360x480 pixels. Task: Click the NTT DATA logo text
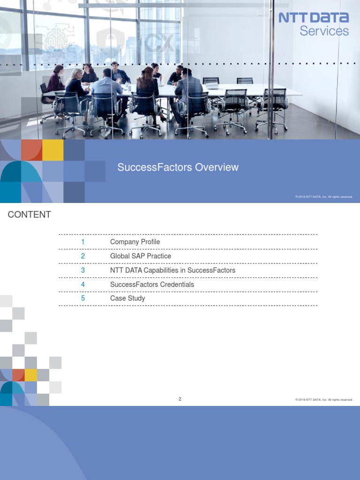pyautogui.click(x=314, y=18)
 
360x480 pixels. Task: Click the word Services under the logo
pyautogui.click(x=324, y=31)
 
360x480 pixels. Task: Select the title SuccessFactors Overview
pyautogui.click(x=178, y=167)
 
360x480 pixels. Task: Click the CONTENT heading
pyautogui.click(x=29, y=215)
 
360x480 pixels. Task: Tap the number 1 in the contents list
pyautogui.click(x=83, y=242)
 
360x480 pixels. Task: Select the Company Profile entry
pyautogui.click(x=135, y=242)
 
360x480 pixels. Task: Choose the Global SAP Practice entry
pyautogui.click(x=141, y=256)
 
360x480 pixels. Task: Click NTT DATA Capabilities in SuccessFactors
pyautogui.click(x=172, y=270)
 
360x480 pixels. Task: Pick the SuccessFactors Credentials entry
pyautogui.click(x=152, y=285)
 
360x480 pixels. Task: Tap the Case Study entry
pyautogui.click(x=127, y=298)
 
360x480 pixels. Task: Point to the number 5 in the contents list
pyautogui.click(x=83, y=298)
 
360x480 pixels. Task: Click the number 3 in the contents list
pyautogui.click(x=83, y=270)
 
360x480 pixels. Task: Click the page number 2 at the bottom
pyautogui.click(x=180, y=399)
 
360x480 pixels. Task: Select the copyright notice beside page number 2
pyautogui.click(x=324, y=400)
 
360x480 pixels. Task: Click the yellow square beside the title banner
pyautogui.click(x=53, y=150)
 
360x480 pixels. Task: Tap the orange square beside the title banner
pyautogui.click(x=31, y=150)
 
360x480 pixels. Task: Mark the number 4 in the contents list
pyautogui.click(x=83, y=285)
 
